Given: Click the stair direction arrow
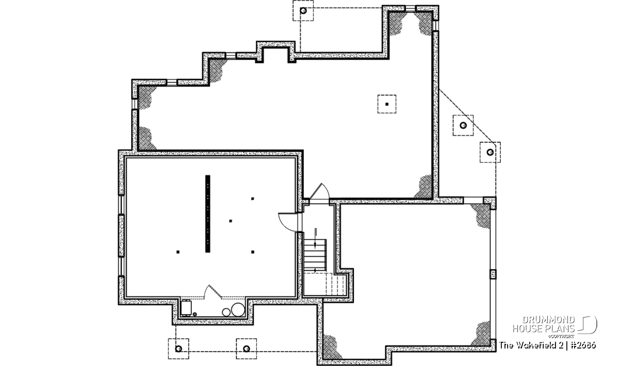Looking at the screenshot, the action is pyautogui.click(x=315, y=238).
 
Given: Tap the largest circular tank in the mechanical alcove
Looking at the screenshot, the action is pyautogui.click(x=238, y=309).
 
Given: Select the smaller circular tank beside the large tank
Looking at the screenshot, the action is pyautogui.click(x=226, y=312).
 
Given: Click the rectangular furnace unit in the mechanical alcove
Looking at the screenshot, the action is pyautogui.click(x=186, y=307).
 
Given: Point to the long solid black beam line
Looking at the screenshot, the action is pyautogui.click(x=207, y=214).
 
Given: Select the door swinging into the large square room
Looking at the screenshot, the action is pyautogui.click(x=288, y=222).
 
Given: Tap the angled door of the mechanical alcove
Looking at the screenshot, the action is pyautogui.click(x=213, y=291).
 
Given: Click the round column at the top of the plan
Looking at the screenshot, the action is pyautogui.click(x=303, y=11).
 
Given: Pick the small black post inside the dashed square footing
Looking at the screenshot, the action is pyautogui.click(x=387, y=104).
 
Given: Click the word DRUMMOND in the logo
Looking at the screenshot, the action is pyautogui.click(x=548, y=320).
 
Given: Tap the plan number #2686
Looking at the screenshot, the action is pyautogui.click(x=582, y=345).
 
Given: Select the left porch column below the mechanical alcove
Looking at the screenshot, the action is pyautogui.click(x=178, y=348).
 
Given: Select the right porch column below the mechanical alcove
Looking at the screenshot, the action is pyautogui.click(x=246, y=348).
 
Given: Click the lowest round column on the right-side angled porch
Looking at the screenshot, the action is pyautogui.click(x=490, y=152).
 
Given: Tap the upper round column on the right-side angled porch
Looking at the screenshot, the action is pyautogui.click(x=463, y=125).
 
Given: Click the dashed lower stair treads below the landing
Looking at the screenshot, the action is pyautogui.click(x=336, y=284).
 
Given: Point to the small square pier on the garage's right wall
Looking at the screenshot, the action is pyautogui.click(x=493, y=274).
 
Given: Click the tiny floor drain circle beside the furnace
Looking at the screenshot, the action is pyautogui.click(x=195, y=314).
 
